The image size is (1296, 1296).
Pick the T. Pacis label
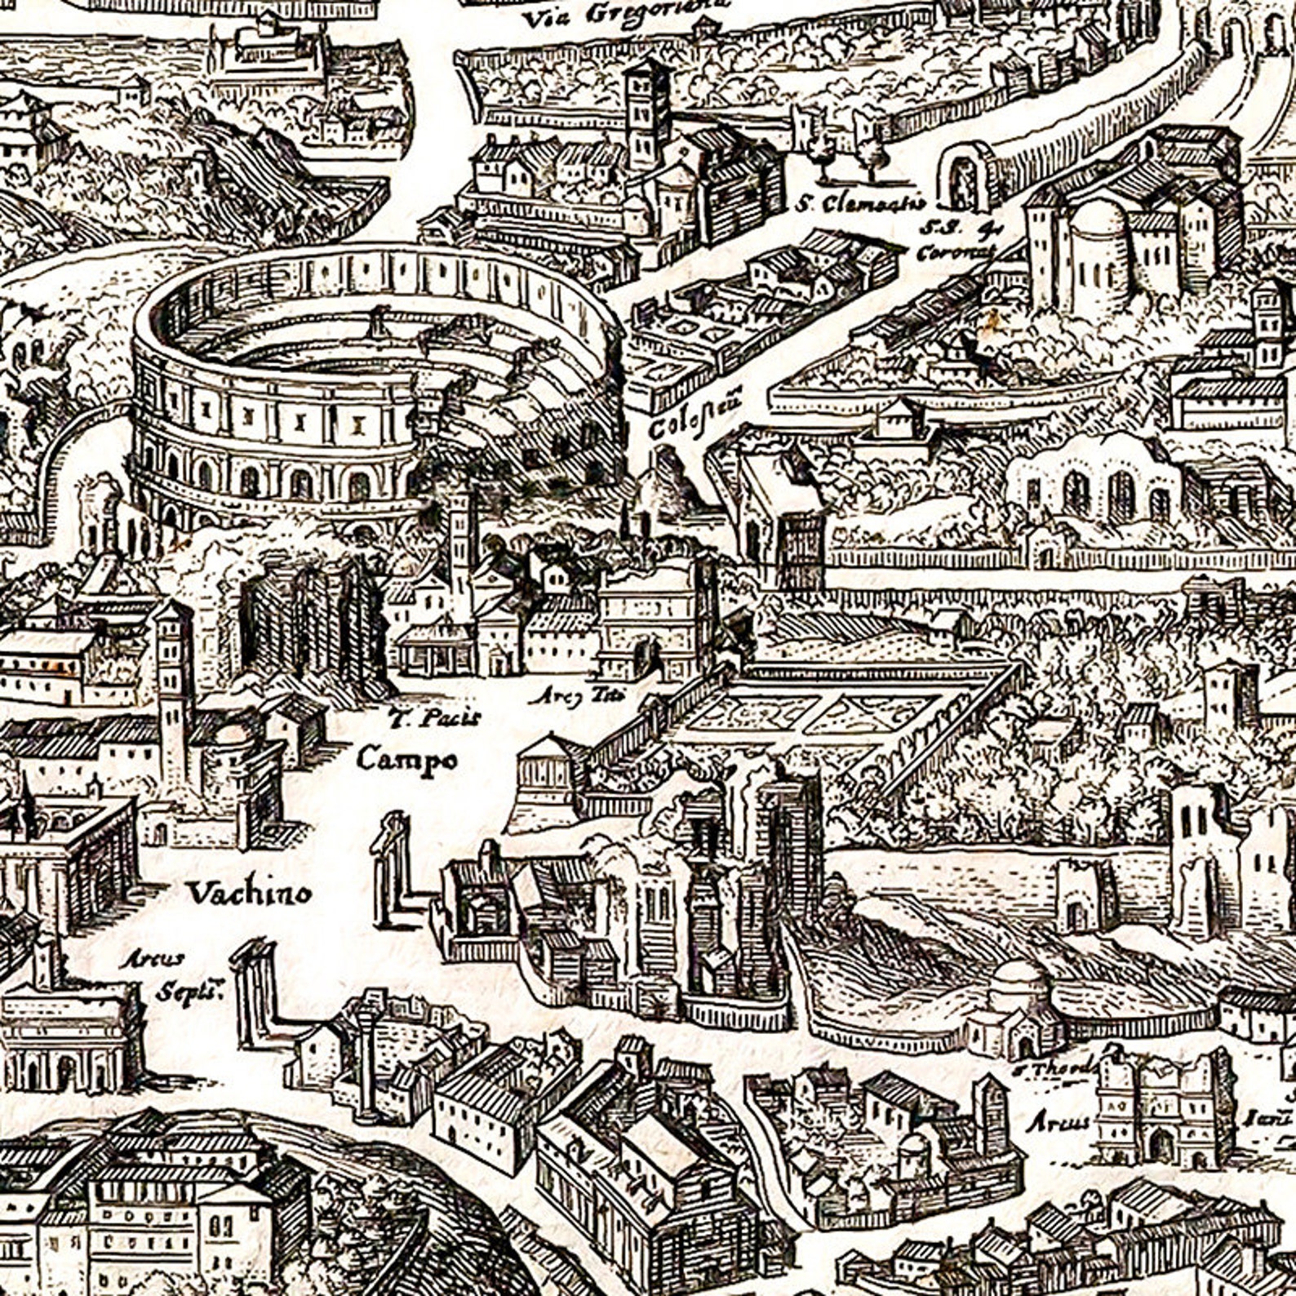click(435, 718)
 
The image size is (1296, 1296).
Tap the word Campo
click(406, 761)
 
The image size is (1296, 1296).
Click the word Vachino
click(250, 893)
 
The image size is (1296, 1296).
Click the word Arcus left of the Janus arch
click(1057, 1123)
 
